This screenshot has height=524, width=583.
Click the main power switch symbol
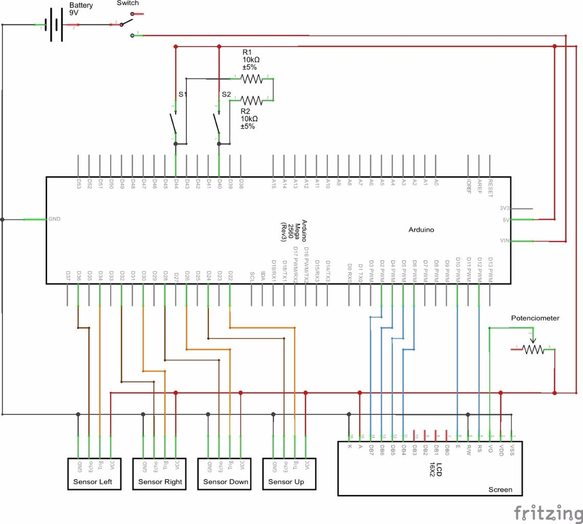(x=126, y=23)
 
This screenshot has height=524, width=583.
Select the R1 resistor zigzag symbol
(x=251, y=78)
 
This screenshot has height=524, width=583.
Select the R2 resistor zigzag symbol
(x=251, y=100)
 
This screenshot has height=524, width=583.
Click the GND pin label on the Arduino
(x=54, y=219)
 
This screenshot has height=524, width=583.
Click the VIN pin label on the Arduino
(x=504, y=241)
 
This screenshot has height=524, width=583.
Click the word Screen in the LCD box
(x=500, y=489)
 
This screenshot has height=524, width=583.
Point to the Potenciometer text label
(x=535, y=318)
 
